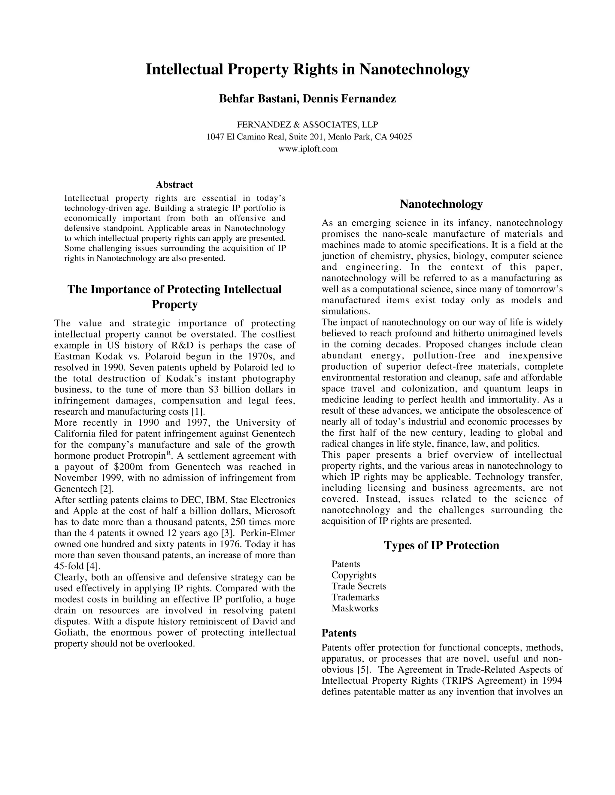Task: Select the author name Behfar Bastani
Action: point(258,99)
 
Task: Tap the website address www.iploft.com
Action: point(307,149)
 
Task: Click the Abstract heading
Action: point(174,184)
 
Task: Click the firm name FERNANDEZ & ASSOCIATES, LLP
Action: point(307,125)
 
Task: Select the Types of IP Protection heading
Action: point(441,545)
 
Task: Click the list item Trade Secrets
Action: point(359,586)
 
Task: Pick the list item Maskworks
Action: point(355,608)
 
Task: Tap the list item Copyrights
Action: point(353,575)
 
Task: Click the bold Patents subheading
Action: point(338,633)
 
